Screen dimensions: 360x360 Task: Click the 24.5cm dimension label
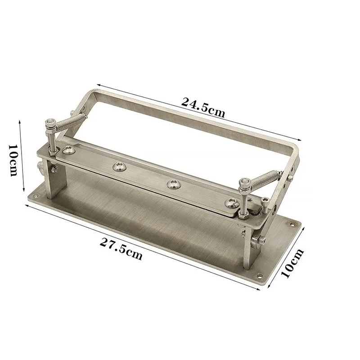click(202, 107)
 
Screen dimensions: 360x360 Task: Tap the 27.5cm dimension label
click(121, 249)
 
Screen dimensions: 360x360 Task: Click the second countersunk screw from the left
click(120, 167)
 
